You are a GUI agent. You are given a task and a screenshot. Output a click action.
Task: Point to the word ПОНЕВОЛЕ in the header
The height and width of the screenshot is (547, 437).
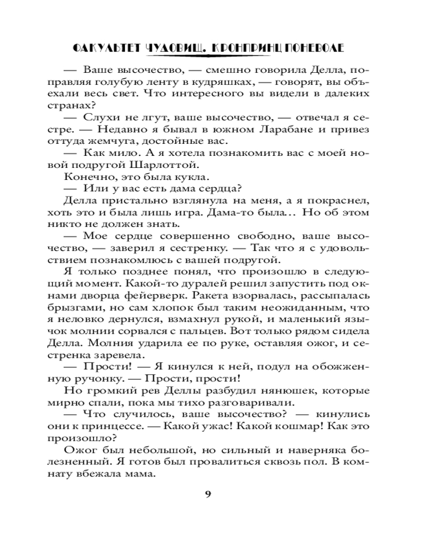point(312,48)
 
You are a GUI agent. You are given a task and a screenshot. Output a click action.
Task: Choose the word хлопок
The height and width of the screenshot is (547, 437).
point(178,306)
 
